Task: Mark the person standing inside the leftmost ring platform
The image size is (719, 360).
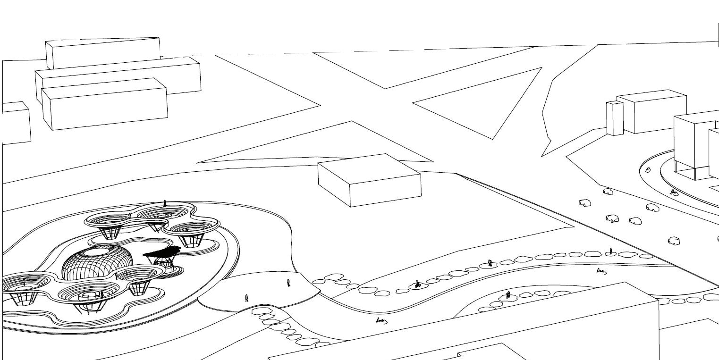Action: coord(24,283)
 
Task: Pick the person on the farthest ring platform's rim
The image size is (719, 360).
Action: coord(164,203)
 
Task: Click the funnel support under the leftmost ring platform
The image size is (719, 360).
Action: coord(21,299)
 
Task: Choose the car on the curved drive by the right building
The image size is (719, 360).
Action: coord(648,170)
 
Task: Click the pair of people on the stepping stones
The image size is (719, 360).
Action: coord(491,263)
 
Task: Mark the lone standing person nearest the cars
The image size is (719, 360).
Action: coord(611,251)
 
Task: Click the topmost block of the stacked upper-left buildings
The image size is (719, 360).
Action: coord(103,53)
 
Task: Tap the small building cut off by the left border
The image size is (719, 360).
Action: coord(16,123)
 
